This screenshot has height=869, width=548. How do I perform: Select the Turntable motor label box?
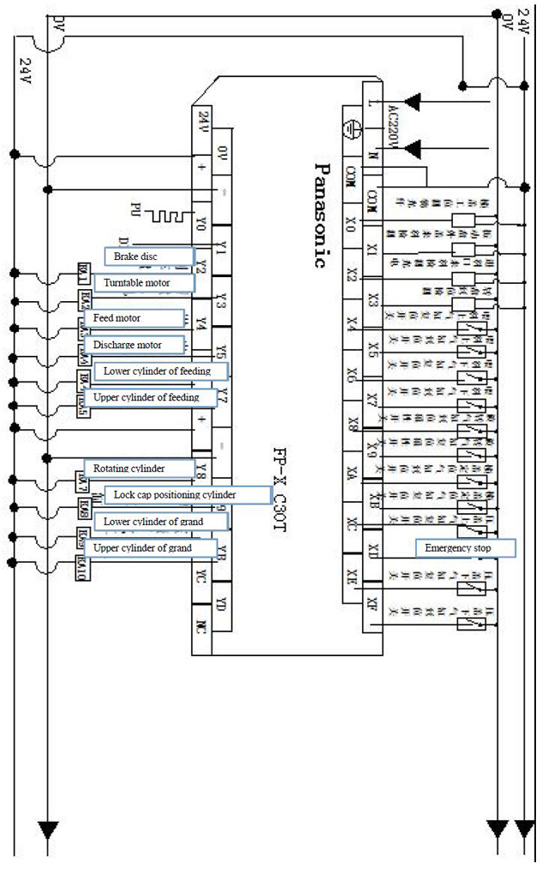143,282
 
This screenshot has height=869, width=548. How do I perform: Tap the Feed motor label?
134,318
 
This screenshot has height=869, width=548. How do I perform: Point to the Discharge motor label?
134,345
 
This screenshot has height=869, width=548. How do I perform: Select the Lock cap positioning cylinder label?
182,495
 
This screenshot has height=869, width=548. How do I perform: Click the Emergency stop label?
466,547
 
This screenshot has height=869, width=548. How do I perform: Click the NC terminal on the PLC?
201,636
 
